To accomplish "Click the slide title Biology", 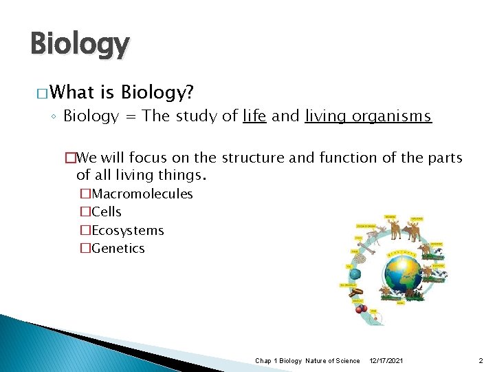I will coord(80,45).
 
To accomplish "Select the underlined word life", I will coord(254,116).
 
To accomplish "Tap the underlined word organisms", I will coord(392,116).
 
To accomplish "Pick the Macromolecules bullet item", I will coord(142,194).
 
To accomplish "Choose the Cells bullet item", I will coord(106,211).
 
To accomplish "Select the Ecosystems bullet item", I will coord(127,230).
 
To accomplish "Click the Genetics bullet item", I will coord(118,248).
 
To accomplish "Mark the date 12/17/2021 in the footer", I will coord(387,361).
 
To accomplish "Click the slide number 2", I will coord(481,361).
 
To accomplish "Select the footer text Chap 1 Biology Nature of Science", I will coord(307,361).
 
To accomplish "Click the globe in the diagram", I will coord(404,273).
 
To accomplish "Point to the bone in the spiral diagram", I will coord(366,249).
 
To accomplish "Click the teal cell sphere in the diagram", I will coord(355,273).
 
